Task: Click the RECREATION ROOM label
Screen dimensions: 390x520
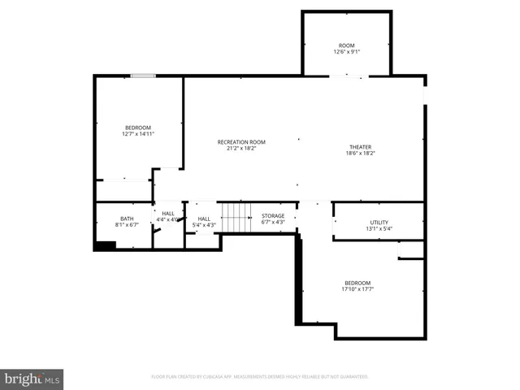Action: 241,142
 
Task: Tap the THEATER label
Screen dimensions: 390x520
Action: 361,147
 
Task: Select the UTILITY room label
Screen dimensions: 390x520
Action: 379,222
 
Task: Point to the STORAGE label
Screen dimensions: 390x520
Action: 273,216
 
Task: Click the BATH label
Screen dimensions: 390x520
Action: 127,218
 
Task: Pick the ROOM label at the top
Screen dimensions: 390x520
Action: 347,45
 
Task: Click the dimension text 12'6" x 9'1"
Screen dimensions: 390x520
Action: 347,52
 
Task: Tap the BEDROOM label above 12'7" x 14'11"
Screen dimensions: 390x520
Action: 137,128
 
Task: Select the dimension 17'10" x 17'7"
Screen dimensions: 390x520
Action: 357,289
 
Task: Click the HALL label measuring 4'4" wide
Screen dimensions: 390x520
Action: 167,213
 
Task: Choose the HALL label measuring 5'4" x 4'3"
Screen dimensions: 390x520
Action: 204,218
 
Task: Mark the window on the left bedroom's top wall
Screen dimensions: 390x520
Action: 143,76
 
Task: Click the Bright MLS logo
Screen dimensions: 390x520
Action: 32,379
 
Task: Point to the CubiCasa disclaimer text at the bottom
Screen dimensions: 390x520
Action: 260,377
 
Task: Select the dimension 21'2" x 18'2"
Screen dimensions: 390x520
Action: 241,149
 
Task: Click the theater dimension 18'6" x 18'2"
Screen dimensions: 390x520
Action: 361,154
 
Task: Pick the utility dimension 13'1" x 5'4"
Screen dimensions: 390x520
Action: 379,228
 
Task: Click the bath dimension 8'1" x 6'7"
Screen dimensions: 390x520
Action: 127,224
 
